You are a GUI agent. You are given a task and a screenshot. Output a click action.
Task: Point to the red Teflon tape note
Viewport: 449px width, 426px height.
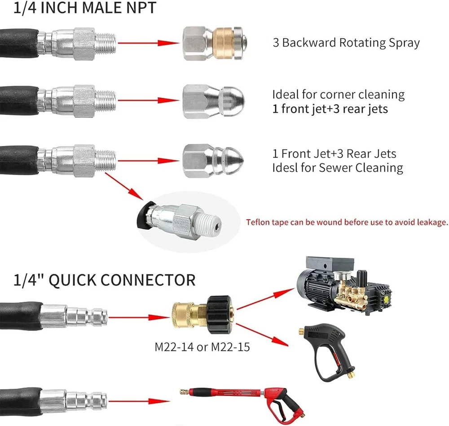pyautogui.click(x=347, y=222)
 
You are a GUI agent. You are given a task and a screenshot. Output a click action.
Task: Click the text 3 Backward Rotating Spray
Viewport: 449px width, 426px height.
pyautogui.click(x=346, y=43)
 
